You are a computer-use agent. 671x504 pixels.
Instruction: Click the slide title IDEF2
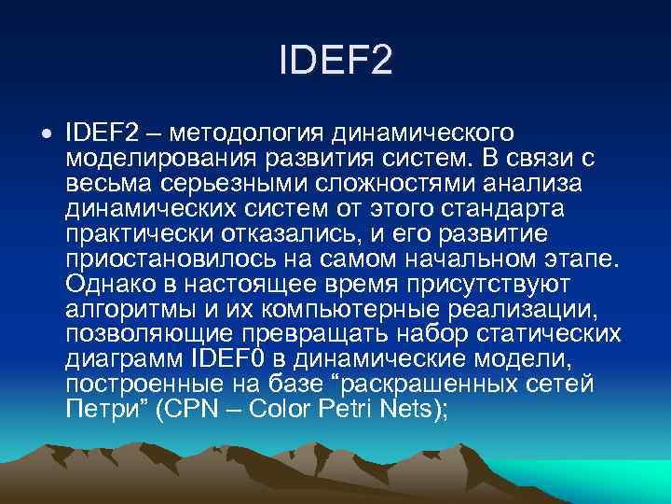pos(335,63)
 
